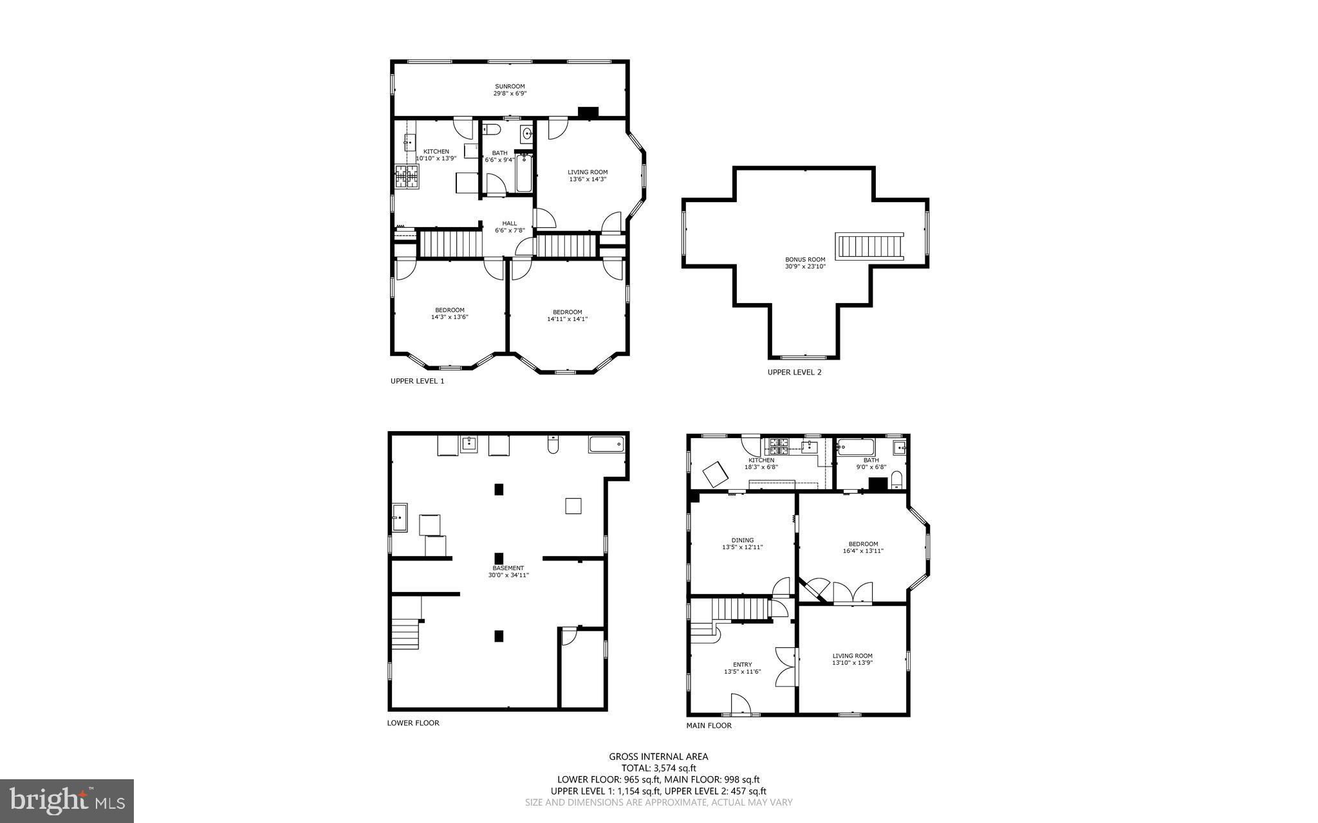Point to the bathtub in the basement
coord(606,444)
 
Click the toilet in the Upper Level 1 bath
coord(492,130)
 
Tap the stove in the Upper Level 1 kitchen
coord(407,177)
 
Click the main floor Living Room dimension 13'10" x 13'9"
coord(852,663)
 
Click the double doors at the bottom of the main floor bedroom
coord(853,593)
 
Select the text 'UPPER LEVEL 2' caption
coord(794,372)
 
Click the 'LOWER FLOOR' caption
coord(413,723)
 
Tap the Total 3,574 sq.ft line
coord(658,768)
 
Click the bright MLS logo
coord(67,800)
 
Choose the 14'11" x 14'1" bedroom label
coord(567,315)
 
